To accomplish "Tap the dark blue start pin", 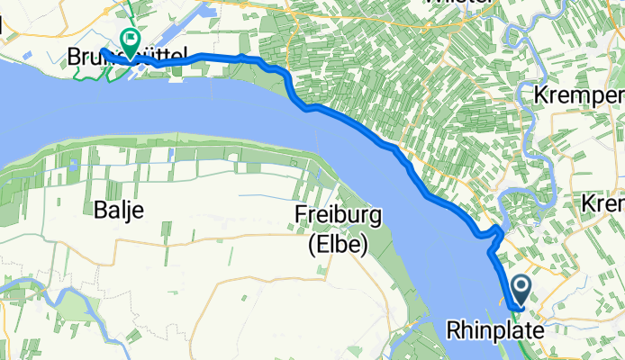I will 522,291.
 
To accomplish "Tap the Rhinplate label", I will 494,331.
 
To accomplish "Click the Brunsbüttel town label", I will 127,58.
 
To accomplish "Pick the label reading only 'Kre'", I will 602,206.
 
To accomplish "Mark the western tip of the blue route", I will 102,50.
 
